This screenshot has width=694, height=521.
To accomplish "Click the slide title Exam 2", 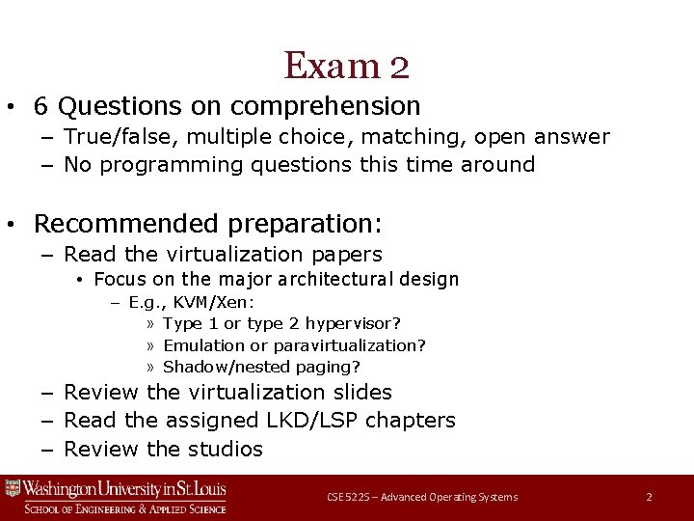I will click(x=347, y=66).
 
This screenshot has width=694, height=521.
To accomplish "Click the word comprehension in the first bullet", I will click(x=326, y=105).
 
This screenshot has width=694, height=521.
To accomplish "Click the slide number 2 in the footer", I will click(x=649, y=497).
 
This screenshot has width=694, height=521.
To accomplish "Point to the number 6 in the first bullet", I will click(x=40, y=105).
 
